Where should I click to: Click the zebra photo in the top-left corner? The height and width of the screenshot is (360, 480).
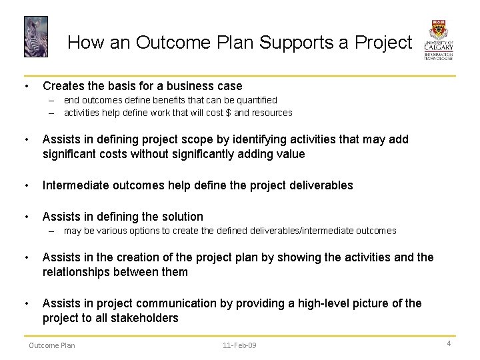click(x=36, y=37)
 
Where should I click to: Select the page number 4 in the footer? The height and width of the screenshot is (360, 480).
click(x=449, y=343)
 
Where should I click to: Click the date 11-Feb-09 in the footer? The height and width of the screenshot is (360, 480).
click(x=239, y=345)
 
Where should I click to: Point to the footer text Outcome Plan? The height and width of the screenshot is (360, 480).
click(x=51, y=345)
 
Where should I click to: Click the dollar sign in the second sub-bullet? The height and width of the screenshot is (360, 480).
click(x=229, y=113)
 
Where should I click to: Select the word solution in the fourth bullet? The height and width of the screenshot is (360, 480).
click(x=182, y=217)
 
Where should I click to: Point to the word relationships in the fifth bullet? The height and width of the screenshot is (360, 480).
click(x=75, y=272)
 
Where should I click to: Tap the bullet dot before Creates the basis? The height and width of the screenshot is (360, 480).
click(x=25, y=86)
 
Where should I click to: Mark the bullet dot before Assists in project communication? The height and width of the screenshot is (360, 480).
click(x=25, y=303)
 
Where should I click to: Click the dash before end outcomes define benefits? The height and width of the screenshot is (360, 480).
click(x=50, y=100)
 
